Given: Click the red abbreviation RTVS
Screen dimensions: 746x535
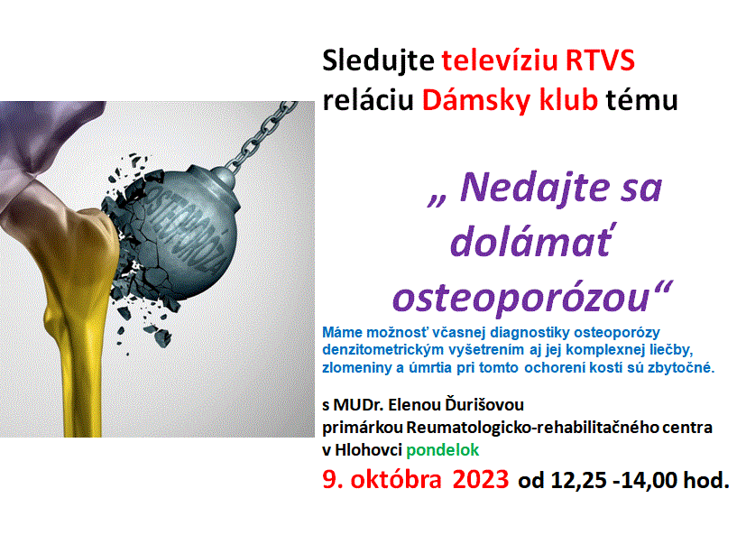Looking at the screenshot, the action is [x=600, y=60].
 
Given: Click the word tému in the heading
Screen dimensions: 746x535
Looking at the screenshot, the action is [x=641, y=100].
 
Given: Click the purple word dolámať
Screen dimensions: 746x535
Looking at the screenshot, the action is [x=531, y=241].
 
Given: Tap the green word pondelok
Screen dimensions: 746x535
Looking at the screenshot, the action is [x=443, y=450].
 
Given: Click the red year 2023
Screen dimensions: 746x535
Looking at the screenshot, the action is [x=481, y=479].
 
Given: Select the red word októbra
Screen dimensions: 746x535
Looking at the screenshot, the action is [x=396, y=479].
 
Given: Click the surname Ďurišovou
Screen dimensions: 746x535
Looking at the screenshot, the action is [x=484, y=404].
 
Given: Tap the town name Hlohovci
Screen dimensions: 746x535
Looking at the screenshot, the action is [x=369, y=450].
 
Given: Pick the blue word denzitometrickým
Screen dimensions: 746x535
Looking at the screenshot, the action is [x=375, y=350].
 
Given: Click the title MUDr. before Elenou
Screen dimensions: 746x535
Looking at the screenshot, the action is [x=359, y=404].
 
